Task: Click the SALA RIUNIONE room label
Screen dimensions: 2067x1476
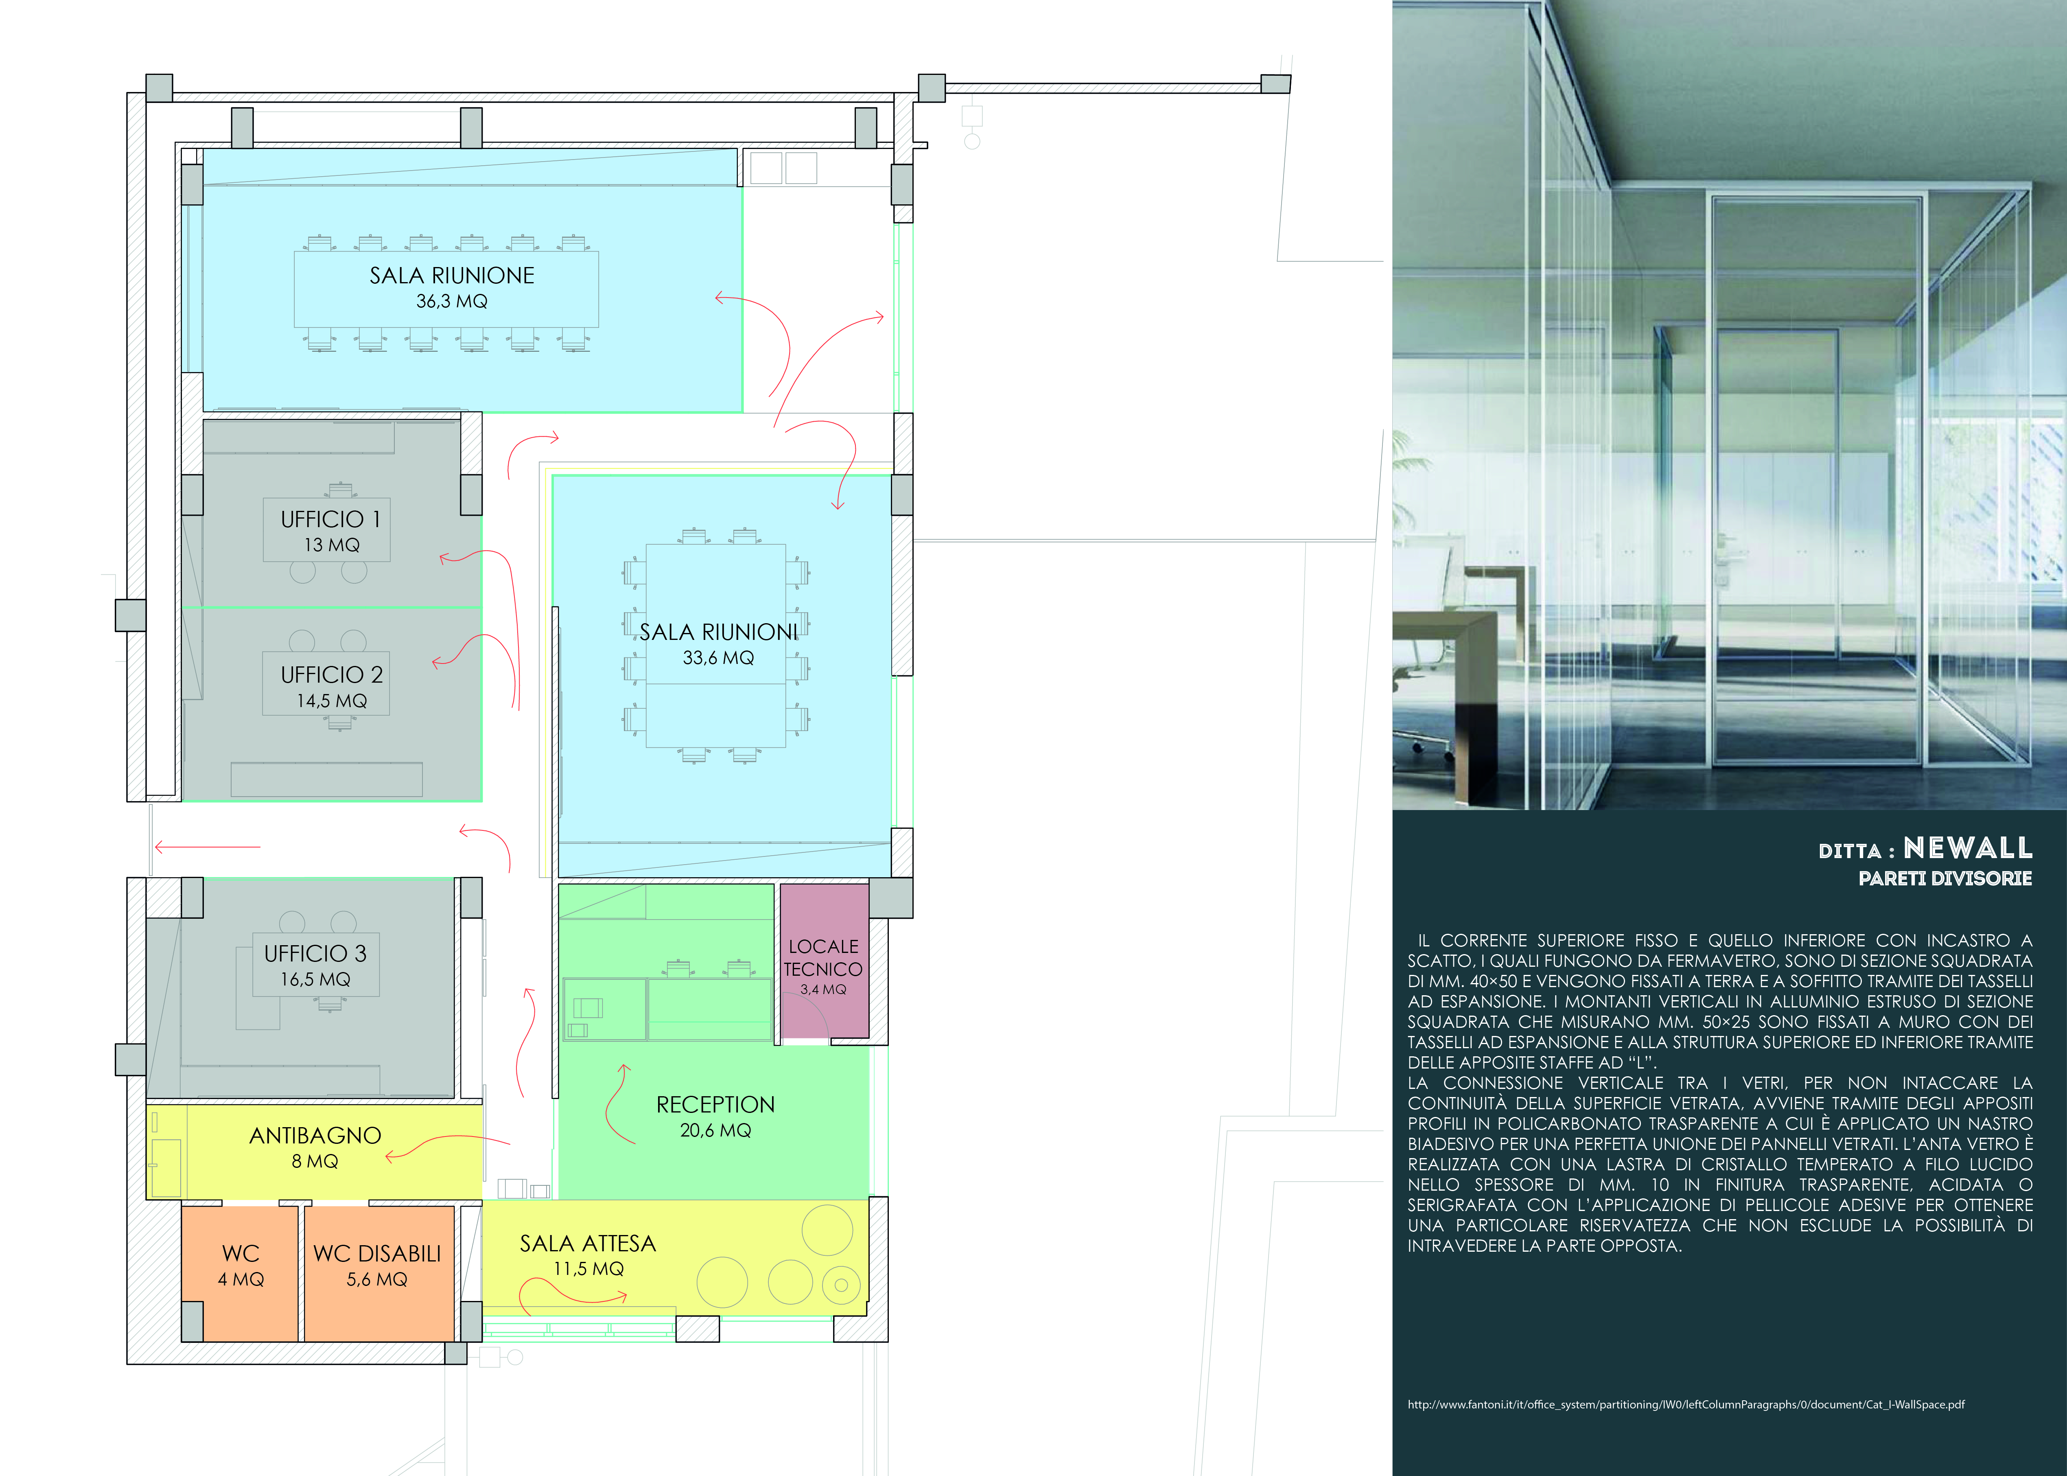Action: pyautogui.click(x=452, y=276)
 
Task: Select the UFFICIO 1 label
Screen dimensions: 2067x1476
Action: pyautogui.click(x=331, y=519)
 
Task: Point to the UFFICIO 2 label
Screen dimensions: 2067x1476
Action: pyautogui.click(x=332, y=674)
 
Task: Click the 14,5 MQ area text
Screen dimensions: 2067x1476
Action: pyautogui.click(x=332, y=701)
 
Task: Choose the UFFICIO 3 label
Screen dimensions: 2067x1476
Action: pyautogui.click(x=315, y=953)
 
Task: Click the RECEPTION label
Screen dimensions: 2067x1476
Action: pyautogui.click(x=716, y=1104)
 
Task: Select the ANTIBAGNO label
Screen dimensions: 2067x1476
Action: pyautogui.click(x=315, y=1135)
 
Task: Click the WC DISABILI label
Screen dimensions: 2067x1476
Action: pyautogui.click(x=377, y=1253)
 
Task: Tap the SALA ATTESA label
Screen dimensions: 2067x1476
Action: pyautogui.click(x=588, y=1243)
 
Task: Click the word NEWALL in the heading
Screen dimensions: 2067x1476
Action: pyautogui.click(x=1968, y=848)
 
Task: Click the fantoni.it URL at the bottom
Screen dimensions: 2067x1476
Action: pyautogui.click(x=1686, y=1404)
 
